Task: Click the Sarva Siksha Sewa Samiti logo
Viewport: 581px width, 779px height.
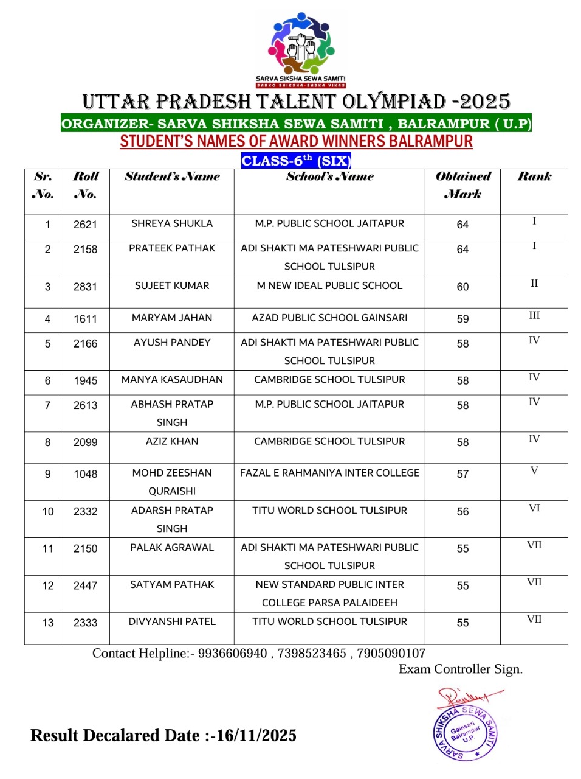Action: pos(301,50)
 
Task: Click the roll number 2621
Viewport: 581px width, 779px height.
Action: pos(85,225)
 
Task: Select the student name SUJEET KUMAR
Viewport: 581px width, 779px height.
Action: pos(172,285)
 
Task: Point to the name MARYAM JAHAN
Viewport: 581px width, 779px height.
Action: pos(172,318)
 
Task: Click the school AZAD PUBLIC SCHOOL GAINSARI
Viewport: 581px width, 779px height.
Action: pos(329,318)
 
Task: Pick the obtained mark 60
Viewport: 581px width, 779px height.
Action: pos(462,287)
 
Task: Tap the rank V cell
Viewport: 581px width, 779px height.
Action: pos(534,470)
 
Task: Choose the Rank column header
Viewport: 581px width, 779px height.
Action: pos(534,176)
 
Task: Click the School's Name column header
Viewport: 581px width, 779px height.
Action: pos(329,176)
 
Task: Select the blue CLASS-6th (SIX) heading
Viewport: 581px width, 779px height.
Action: pos(296,161)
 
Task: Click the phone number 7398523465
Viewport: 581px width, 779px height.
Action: pos(312,653)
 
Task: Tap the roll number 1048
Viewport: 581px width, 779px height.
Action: pos(85,474)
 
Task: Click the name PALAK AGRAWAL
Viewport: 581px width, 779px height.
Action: pos(172,547)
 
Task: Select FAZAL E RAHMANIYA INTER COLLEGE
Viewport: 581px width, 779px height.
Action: pos(329,473)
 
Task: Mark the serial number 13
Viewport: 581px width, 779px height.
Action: pos(48,623)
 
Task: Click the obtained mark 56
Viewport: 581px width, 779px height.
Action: pos(462,512)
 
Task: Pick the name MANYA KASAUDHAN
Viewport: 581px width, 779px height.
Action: pos(172,379)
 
